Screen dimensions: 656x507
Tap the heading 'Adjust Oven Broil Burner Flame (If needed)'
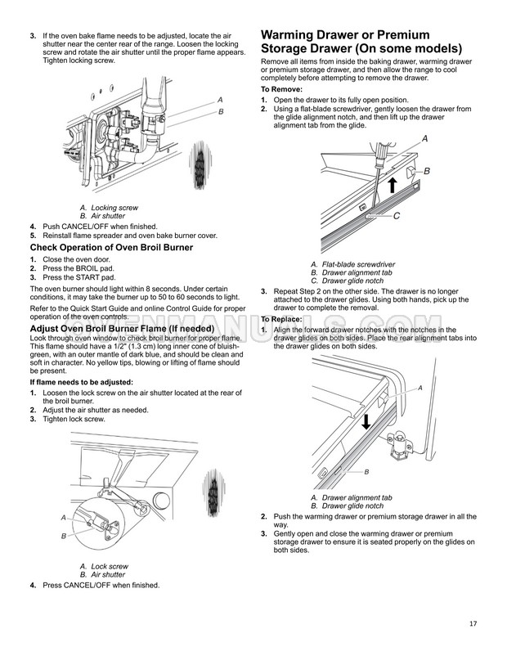tap(122, 329)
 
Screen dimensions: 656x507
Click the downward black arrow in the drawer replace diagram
tap(366, 420)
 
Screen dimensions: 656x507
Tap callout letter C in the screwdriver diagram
tap(396, 216)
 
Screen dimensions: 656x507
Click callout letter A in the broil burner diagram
tap(63, 518)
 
